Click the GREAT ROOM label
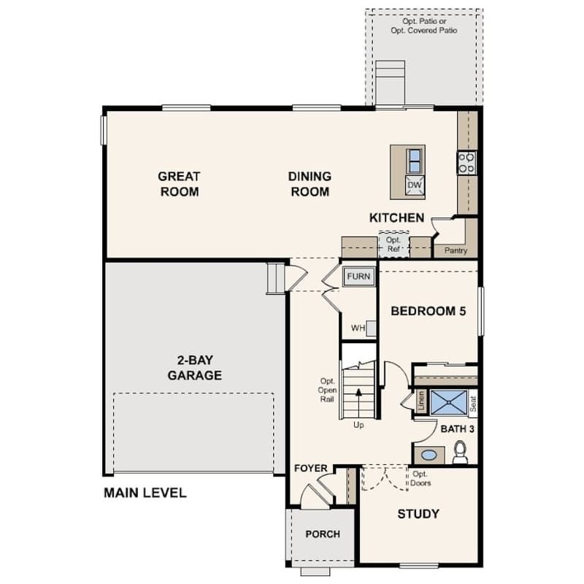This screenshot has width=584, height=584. (179, 184)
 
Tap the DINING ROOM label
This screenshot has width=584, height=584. (310, 184)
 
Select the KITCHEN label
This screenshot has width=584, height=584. (396, 218)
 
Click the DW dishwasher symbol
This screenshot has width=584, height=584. (414, 185)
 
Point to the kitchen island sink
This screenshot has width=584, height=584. (414, 160)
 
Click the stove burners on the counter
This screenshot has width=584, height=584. (466, 162)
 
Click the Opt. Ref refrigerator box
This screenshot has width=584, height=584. (394, 245)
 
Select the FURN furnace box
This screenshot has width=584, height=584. (358, 277)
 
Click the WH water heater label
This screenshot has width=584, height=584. (358, 328)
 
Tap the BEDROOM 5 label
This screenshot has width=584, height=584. (428, 310)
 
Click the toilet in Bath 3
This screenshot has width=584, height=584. (461, 453)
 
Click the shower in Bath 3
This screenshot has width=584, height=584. (447, 402)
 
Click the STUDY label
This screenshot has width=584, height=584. (418, 514)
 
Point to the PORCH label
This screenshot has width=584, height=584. (323, 534)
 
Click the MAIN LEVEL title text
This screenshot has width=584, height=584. (145, 493)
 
